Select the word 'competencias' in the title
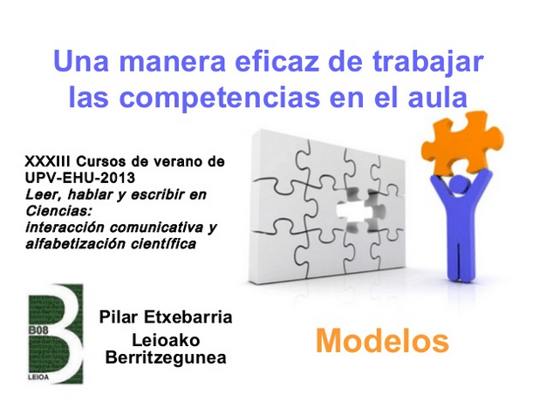pyautogui.click(x=220, y=99)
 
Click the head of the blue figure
pyautogui.click(x=458, y=184)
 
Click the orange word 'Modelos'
pyautogui.click(x=382, y=341)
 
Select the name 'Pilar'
pyautogui.click(x=119, y=317)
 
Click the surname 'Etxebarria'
pyautogui.click(x=188, y=317)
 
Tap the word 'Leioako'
pyautogui.click(x=166, y=340)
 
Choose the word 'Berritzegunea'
pyautogui.click(x=166, y=358)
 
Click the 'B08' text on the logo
pyautogui.click(x=38, y=330)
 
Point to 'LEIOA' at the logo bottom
pyautogui.click(x=38, y=377)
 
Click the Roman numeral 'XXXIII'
pyautogui.click(x=47, y=161)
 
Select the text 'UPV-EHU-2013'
pyautogui.click(x=79, y=178)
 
